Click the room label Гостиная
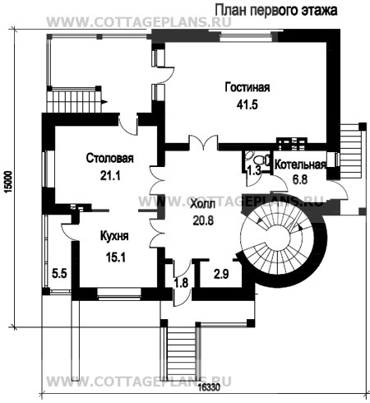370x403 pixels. pos(247,87)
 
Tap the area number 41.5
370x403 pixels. pos(247,104)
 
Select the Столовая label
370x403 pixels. pos(110,158)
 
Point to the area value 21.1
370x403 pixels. pos(110,176)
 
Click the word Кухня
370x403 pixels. pos(114,236)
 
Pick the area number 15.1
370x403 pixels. pos(115,257)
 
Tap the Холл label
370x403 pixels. pos(203,204)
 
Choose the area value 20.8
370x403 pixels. pos(203,220)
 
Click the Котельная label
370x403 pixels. pos(300,165)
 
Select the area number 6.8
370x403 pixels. pos(300,180)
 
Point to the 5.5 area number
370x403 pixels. pos(59,273)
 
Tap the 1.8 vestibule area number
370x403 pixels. pos(182,283)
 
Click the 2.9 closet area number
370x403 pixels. pos(221,274)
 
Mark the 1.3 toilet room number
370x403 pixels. pos(253,171)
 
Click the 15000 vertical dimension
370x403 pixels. pos(9,183)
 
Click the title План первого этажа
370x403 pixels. pos(276,11)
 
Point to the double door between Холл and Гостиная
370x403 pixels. pos(203,143)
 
